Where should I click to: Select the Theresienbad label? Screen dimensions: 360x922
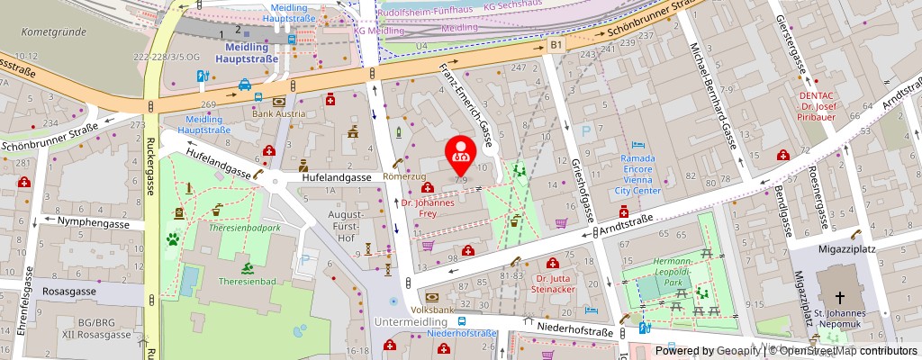[247, 281]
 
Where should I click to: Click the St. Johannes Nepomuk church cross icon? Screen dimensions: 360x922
[839, 298]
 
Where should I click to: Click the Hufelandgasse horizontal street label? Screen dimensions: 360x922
[336, 178]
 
